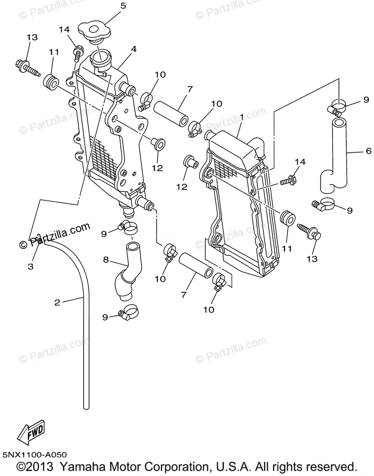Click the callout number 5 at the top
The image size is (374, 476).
pyautogui.click(x=123, y=6)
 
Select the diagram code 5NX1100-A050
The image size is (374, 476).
pyautogui.click(x=34, y=455)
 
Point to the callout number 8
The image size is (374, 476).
pyautogui.click(x=106, y=260)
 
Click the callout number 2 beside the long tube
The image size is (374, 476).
pyautogui.click(x=58, y=303)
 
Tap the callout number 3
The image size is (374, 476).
pyautogui.click(x=31, y=266)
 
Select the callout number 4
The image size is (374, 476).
pyautogui.click(x=133, y=49)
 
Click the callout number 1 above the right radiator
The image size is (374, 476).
pyautogui.click(x=241, y=118)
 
